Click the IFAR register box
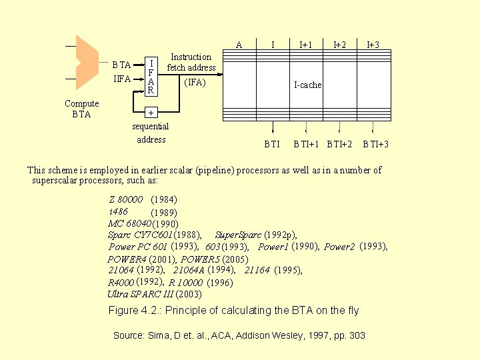151,76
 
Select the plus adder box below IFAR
151,112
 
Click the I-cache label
308,85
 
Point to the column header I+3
373,45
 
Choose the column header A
239,45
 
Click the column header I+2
340,45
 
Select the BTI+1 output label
306,144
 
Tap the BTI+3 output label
375,144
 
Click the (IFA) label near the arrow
195,83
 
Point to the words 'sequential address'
151,133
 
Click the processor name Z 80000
126,199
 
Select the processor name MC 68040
129,223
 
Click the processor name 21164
257,270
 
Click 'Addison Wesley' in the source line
241,335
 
